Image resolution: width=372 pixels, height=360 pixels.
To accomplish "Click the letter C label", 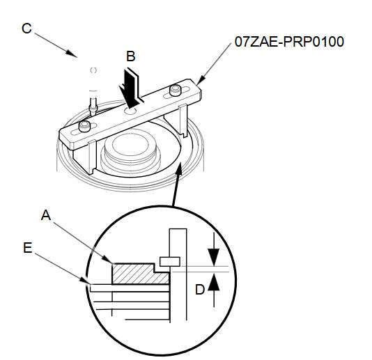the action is (x=26, y=29).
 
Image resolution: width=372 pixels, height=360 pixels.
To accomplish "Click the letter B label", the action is (x=131, y=56).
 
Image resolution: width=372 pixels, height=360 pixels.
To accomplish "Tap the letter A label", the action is (x=46, y=215).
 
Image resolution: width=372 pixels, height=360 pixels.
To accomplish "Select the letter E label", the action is (x=28, y=248).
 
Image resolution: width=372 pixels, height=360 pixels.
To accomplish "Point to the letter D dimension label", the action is (x=200, y=290).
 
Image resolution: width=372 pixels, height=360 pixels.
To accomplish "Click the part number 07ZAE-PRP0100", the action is (x=289, y=42).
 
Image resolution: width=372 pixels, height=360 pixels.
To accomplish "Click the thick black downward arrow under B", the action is (x=130, y=88).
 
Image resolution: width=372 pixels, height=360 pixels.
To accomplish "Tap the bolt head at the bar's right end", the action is (x=176, y=90).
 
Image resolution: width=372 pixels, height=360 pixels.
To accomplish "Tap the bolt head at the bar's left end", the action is (x=85, y=126).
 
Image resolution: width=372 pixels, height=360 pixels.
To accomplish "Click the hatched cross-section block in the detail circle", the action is (x=141, y=274).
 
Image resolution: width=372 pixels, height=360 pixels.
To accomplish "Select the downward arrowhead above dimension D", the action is (x=214, y=257).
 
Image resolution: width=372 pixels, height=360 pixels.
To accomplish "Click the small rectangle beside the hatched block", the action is (x=170, y=262).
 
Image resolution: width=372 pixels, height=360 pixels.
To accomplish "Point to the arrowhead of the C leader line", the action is (x=71, y=53).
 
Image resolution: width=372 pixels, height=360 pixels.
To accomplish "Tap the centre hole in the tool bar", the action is (x=130, y=111).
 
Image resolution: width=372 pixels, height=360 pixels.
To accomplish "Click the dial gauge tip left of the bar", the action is (x=93, y=108).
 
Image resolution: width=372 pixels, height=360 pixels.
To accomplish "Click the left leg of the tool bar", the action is (x=93, y=157).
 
